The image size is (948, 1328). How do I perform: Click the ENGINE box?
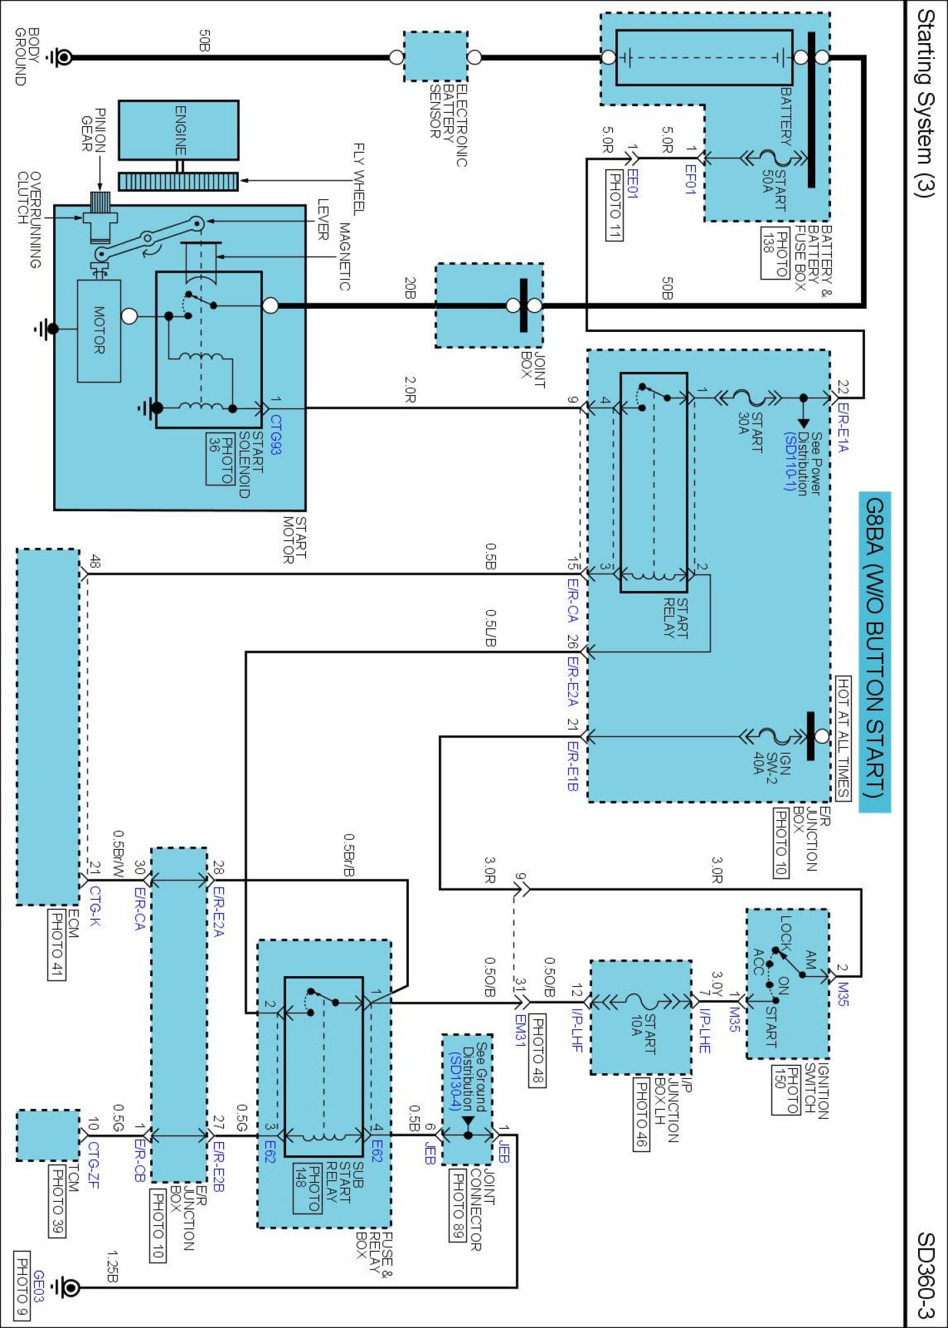pyautogui.click(x=179, y=130)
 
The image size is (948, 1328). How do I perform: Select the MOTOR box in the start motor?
pyautogui.click(x=99, y=331)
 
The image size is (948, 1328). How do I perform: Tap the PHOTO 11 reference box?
pyautogui.click(x=615, y=205)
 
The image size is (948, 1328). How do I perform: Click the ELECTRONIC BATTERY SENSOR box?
pyautogui.click(x=435, y=56)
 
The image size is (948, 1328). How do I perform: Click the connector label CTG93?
pyautogui.click(x=275, y=435)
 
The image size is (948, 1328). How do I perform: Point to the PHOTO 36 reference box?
pyautogui.click(x=220, y=460)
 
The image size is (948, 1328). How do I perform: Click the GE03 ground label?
pyautogui.click(x=39, y=1286)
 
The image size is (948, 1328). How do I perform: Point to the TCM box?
pyautogui.click(x=48, y=1135)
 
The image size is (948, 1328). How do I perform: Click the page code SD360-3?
pyautogui.click(x=925, y=1276)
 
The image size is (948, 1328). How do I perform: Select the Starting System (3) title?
pyautogui.click(x=925, y=103)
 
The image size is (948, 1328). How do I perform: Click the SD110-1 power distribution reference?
pyautogui.click(x=790, y=461)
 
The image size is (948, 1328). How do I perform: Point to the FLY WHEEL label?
pyautogui.click(x=358, y=179)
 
